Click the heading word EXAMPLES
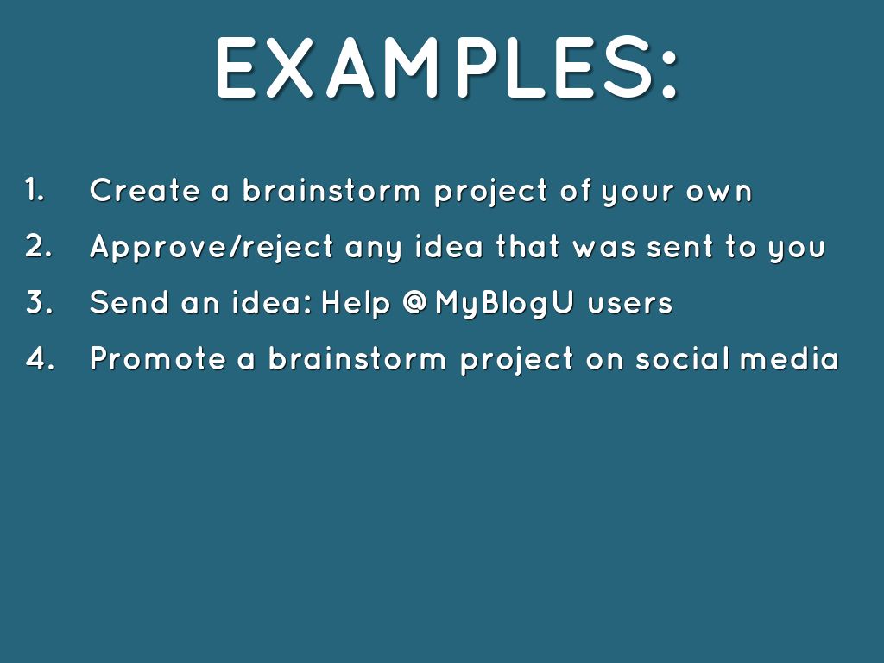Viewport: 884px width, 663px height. tap(435, 67)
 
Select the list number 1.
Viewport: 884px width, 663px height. tap(35, 189)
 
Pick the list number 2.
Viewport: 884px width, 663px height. tap(38, 246)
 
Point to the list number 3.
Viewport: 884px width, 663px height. tap(39, 302)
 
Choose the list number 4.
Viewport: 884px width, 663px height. tap(40, 358)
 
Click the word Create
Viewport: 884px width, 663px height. tap(145, 190)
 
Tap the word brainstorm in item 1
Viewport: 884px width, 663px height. tap(331, 190)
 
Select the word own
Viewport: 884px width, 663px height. tap(719, 193)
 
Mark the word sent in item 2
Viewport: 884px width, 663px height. tap(680, 248)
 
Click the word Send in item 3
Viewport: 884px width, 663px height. tap(129, 302)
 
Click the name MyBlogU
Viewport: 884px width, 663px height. tap(504, 303)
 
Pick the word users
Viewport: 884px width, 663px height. tap(630, 305)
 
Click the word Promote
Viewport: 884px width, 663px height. tap(157, 358)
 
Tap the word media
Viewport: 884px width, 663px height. tap(790, 358)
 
